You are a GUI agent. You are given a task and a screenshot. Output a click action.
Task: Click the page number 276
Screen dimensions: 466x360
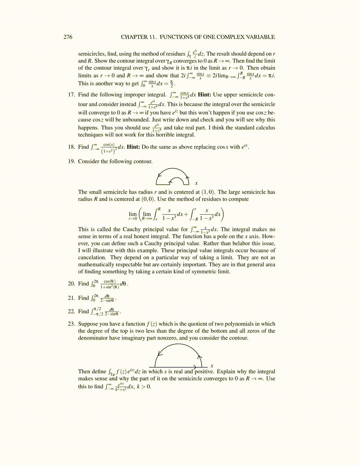pos(68,37)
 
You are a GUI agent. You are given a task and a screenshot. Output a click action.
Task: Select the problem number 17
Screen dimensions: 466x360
pos(71,95)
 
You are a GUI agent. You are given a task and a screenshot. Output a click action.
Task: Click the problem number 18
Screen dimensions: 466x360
pos(71,147)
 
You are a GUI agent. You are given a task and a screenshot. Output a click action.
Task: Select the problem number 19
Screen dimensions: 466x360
pos(71,161)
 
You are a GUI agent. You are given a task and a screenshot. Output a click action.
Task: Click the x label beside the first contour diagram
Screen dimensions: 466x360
pos(196,183)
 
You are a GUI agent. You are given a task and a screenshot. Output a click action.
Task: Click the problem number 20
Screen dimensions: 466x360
pos(71,284)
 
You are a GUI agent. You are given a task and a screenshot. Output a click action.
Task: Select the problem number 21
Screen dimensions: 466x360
pos(71,298)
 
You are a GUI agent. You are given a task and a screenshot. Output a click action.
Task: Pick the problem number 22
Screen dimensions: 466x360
pos(71,311)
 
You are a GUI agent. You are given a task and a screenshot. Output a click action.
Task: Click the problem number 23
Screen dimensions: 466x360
pos(71,324)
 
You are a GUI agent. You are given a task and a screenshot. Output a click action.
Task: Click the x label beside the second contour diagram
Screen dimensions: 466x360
pos(212,366)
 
